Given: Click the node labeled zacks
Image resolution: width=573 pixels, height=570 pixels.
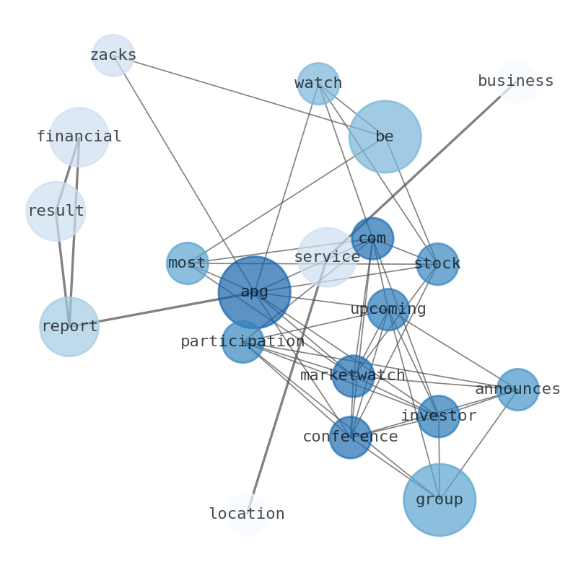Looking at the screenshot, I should (113, 56).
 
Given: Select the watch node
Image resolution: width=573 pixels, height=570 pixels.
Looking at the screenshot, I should (318, 84).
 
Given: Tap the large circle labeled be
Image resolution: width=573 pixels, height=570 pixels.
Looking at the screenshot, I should (385, 136).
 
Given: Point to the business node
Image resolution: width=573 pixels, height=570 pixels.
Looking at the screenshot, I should (516, 82).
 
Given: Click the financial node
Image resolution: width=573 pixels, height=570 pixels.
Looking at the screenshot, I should (79, 137).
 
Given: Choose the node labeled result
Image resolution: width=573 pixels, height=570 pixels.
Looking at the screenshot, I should (56, 211).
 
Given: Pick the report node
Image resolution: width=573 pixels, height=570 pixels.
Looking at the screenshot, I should (69, 327).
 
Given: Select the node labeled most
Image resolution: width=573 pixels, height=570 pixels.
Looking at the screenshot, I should (188, 263).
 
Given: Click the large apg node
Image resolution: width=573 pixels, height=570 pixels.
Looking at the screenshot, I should (255, 292).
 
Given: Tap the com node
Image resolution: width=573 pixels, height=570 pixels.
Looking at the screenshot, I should (372, 239).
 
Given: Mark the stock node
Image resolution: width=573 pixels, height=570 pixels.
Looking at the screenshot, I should (437, 264).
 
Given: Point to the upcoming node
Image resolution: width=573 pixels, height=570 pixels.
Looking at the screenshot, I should (388, 310).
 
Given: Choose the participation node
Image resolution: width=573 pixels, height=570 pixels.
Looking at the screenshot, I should (242, 342).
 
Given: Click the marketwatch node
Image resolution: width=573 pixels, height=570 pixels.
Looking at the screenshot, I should (353, 376).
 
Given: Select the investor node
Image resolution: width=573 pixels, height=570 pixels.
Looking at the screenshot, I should (439, 416).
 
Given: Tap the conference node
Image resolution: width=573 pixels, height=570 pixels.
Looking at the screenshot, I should (351, 437).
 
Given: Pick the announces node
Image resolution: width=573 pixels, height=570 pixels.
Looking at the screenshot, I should (518, 390).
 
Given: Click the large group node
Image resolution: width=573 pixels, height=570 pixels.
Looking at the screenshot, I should (439, 499).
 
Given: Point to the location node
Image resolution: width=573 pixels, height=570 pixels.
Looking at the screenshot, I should (247, 514).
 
